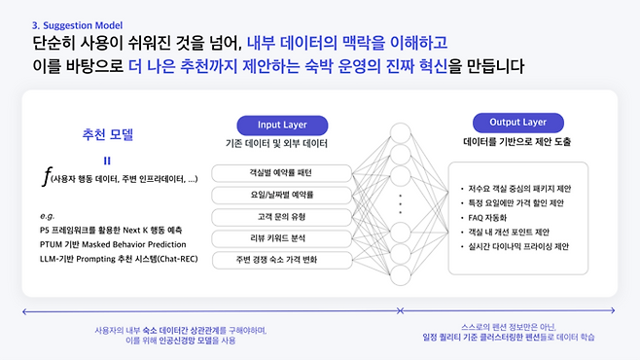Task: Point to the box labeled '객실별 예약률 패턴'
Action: click(x=274, y=172)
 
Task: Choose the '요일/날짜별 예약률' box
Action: click(x=274, y=194)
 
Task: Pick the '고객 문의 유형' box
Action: click(x=274, y=216)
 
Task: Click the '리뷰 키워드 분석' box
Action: click(x=274, y=237)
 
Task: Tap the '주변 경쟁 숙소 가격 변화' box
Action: click(x=274, y=260)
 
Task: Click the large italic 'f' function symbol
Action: click(x=48, y=178)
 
